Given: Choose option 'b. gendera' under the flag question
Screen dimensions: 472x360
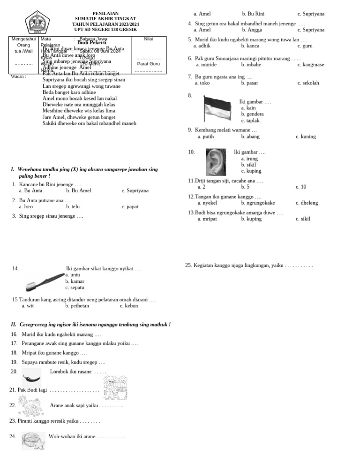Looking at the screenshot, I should (x=252, y=114).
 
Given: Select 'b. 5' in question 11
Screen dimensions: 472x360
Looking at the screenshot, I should (x=245, y=187).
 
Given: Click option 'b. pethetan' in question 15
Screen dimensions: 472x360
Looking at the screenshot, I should (x=77, y=306).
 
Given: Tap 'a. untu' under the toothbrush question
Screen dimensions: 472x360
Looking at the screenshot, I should (x=73, y=274).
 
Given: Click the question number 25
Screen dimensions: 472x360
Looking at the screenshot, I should (x=188, y=266).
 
